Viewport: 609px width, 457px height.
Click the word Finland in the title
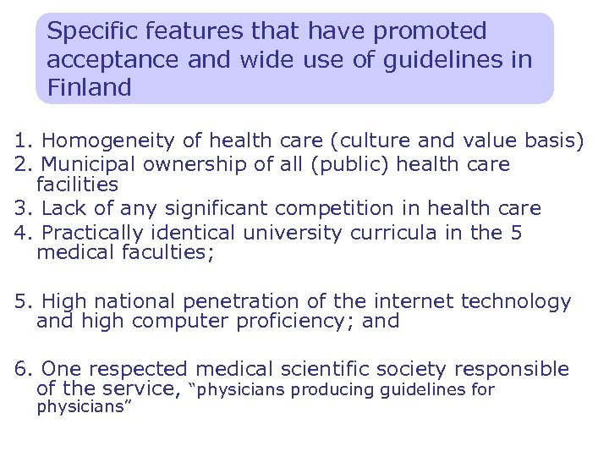coord(89,87)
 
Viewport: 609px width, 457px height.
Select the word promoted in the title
coord(431,31)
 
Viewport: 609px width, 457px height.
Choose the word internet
coord(418,301)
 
